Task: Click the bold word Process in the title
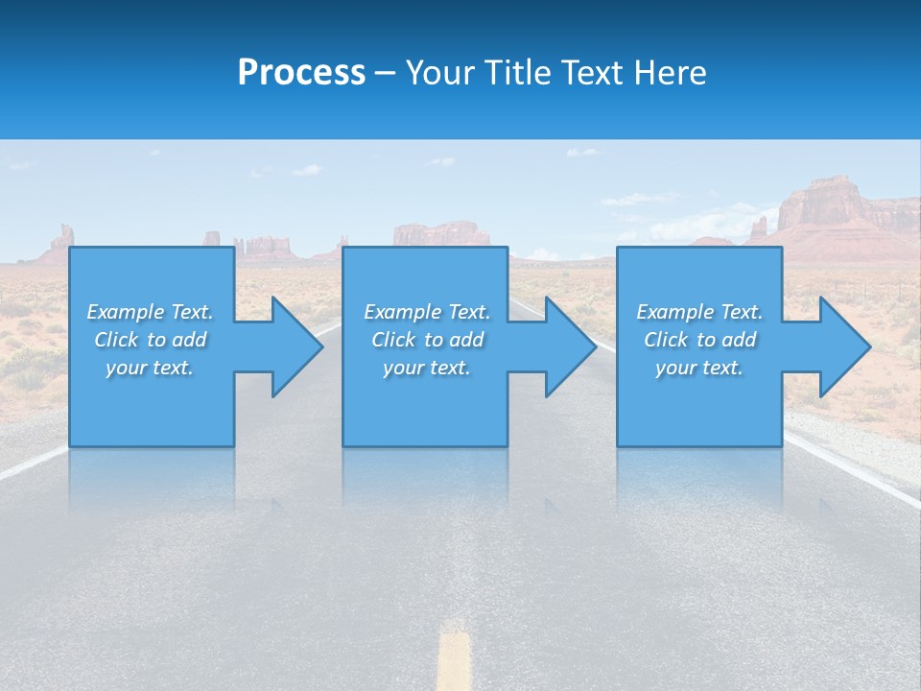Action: (301, 73)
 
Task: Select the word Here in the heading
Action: (671, 73)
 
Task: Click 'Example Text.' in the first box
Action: (150, 312)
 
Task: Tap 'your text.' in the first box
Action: (150, 368)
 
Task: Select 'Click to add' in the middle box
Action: (427, 340)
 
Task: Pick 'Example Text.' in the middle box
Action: (427, 312)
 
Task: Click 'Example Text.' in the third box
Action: (699, 312)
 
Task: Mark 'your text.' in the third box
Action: (699, 368)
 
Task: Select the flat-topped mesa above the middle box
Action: (441, 233)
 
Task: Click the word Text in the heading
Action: (592, 73)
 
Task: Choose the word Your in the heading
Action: (440, 73)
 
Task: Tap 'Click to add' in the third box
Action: (699, 340)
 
